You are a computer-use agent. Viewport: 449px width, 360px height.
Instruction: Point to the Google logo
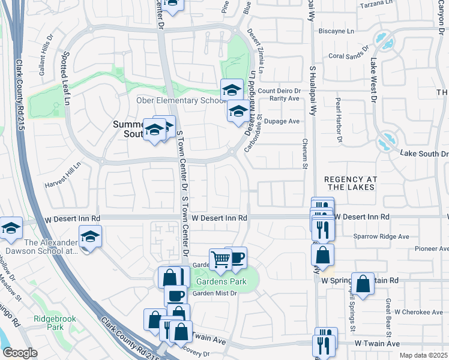tap(20, 353)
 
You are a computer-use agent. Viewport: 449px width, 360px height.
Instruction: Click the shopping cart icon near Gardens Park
tap(220, 259)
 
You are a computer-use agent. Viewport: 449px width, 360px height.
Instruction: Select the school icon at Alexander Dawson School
tap(90, 236)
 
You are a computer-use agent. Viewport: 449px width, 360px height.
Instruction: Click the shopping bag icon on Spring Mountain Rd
tap(363, 284)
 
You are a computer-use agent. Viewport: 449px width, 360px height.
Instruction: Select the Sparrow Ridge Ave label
tap(381, 236)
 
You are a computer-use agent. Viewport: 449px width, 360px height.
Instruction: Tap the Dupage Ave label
tap(286, 121)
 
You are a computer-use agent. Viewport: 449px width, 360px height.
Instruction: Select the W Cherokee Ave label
tap(418, 312)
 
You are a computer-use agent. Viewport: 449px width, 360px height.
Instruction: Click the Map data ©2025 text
tap(423, 355)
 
